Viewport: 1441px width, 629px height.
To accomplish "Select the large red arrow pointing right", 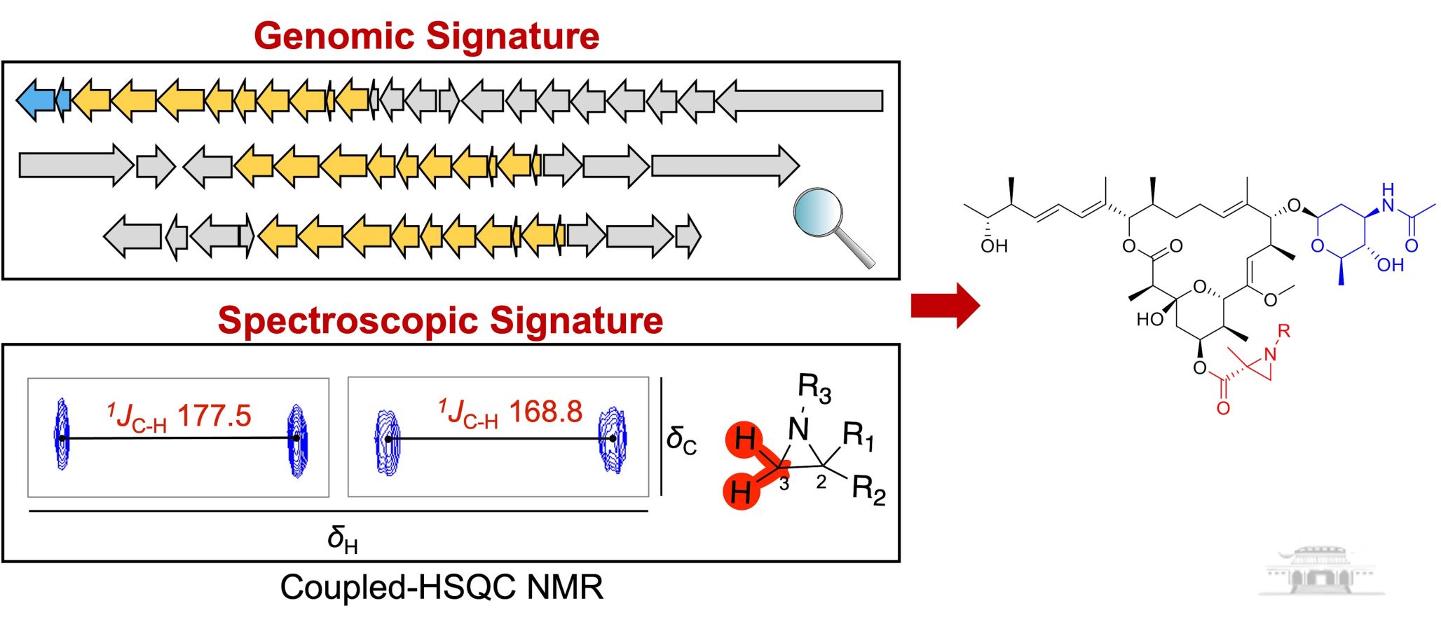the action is (x=945, y=305).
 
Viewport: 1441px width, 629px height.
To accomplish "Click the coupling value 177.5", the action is (x=214, y=416).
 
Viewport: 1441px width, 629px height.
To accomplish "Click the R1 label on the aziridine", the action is (x=858, y=436).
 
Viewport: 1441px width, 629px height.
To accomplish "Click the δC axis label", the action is (x=681, y=440).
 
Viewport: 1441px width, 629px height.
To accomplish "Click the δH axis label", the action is (x=342, y=540).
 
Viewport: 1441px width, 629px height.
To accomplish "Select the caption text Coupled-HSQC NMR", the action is (x=442, y=587).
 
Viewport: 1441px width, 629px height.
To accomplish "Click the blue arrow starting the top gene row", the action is (x=36, y=100).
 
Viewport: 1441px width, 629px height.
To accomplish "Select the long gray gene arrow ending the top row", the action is (x=799, y=100).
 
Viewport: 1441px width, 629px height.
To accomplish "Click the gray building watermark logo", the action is (x=1321, y=571).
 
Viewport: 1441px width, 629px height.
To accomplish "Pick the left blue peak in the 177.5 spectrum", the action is (x=62, y=434).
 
